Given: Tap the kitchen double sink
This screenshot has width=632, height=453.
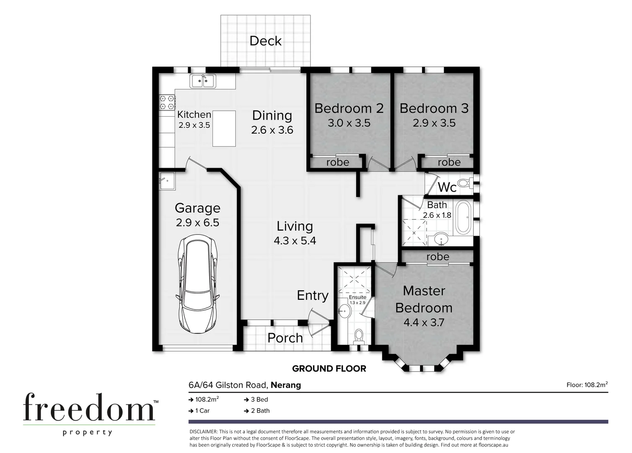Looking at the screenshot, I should (203, 81).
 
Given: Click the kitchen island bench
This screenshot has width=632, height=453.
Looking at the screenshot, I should (224, 128).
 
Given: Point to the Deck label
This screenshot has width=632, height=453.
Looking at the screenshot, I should (265, 41).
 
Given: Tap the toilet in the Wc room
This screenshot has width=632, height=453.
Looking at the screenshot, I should (464, 183).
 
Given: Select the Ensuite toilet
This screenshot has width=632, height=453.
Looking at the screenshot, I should (359, 336).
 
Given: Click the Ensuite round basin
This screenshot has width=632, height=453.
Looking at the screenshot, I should (344, 311).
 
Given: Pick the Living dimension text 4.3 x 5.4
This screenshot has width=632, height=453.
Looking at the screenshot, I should (295, 241).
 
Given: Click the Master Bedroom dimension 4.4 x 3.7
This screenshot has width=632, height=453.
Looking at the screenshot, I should (423, 323).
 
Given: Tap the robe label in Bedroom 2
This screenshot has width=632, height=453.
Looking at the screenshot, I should (337, 162).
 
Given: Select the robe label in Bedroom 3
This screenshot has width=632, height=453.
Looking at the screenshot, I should (449, 162).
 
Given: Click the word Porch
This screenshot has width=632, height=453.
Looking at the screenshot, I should (285, 338).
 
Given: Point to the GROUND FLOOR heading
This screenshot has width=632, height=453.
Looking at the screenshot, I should (329, 369).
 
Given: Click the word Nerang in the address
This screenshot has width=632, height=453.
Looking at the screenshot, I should (286, 385).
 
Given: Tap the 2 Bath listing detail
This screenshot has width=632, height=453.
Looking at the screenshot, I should (260, 411).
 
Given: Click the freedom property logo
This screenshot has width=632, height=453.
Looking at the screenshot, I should (89, 413).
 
